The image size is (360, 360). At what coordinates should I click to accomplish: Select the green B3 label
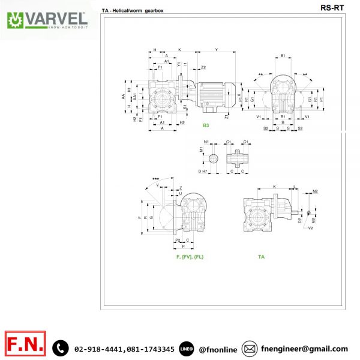(206, 125)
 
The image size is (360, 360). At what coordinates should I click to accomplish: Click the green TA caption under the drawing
(261, 256)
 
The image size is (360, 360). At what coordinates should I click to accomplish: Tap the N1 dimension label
(206, 142)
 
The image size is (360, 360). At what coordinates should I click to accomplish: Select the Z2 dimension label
(203, 67)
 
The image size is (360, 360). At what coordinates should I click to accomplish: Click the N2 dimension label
(315, 191)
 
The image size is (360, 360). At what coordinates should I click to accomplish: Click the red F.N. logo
(25, 346)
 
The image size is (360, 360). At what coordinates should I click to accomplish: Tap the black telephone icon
(60, 347)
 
